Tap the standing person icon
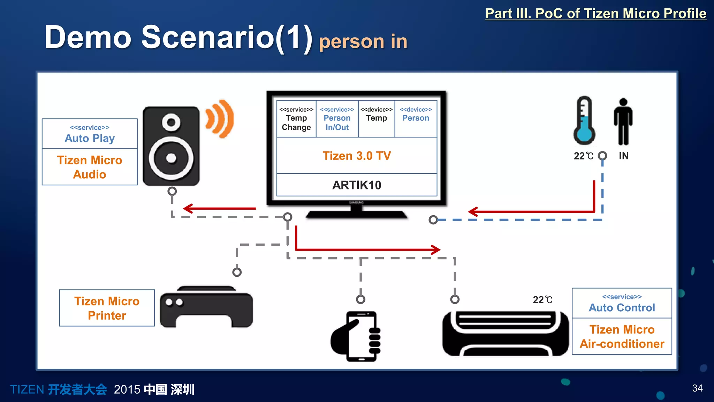click(623, 122)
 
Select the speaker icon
click(171, 146)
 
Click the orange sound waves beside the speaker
click(220, 119)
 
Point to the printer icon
click(206, 307)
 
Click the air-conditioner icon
click(505, 333)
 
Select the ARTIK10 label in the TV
click(357, 185)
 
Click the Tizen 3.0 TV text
click(357, 156)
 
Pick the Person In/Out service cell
click(337, 119)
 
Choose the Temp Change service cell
click(296, 119)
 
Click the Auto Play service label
click(90, 134)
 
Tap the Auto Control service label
click(622, 303)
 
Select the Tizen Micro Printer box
click(107, 308)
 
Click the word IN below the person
click(624, 156)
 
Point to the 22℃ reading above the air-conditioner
click(542, 300)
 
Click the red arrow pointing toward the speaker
click(219, 209)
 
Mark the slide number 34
click(697, 388)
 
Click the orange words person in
click(363, 42)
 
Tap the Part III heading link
click(596, 14)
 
